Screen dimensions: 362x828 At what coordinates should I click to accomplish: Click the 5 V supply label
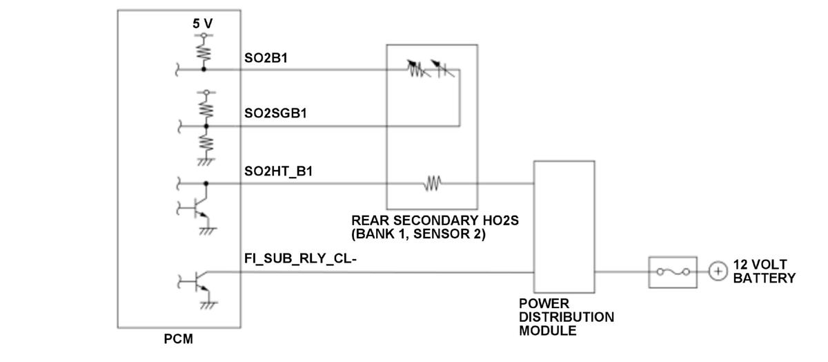(203, 23)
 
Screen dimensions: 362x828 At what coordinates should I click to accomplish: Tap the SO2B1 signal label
(266, 59)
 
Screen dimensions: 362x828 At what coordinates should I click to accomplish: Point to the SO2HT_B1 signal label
(278, 171)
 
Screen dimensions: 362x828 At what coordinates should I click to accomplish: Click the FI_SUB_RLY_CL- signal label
(300, 258)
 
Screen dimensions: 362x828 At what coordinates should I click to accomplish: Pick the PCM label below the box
(179, 339)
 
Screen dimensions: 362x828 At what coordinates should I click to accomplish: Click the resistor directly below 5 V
(204, 50)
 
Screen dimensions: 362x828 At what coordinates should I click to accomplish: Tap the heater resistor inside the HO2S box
(433, 184)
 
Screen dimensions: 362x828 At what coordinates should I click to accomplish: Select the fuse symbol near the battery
(673, 272)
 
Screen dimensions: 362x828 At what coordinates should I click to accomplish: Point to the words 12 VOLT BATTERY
(764, 271)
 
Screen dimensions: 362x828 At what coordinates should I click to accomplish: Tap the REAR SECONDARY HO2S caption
(435, 227)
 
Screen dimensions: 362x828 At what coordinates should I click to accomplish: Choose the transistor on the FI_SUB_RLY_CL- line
(199, 282)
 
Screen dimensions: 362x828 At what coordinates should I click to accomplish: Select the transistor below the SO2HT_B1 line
(199, 208)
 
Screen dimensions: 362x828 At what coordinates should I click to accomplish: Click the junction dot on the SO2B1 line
(204, 69)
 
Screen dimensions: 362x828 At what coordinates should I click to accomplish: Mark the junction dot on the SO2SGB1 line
(206, 126)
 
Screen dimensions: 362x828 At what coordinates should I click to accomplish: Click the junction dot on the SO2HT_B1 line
(206, 184)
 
